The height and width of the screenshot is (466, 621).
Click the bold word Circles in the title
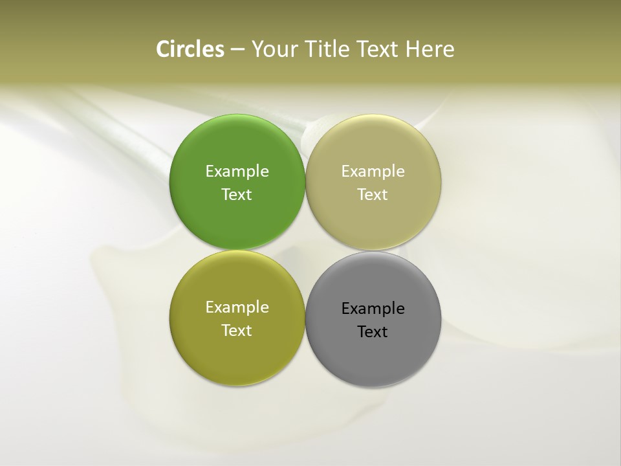pyautogui.click(x=190, y=49)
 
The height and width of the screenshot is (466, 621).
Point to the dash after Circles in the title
pyautogui.click(x=237, y=50)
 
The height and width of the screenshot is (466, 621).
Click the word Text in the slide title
pyautogui.click(x=378, y=49)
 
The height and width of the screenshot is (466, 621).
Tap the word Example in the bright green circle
pyautogui.click(x=237, y=171)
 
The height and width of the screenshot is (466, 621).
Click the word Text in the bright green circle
pyautogui.click(x=237, y=194)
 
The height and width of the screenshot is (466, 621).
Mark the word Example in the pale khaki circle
pyautogui.click(x=373, y=171)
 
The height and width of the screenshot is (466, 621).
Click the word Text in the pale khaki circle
pyautogui.click(x=373, y=194)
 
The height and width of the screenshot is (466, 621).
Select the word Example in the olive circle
pyautogui.click(x=237, y=307)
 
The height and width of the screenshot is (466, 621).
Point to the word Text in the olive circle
pyautogui.click(x=237, y=330)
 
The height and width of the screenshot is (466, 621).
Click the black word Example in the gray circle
pyautogui.click(x=373, y=308)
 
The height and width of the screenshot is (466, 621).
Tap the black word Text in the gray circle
pyautogui.click(x=373, y=331)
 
